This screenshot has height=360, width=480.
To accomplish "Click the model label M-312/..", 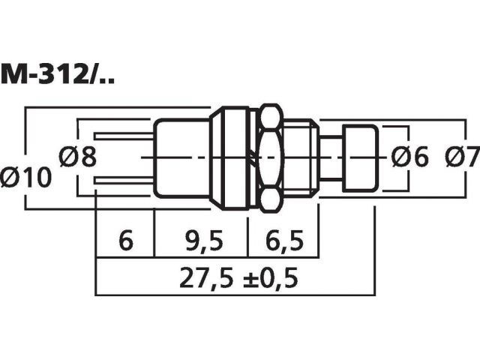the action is [x=58, y=73].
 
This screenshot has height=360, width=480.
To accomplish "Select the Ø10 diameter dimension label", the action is [x=25, y=178].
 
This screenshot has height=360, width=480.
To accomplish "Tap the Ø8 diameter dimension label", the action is [x=78, y=157].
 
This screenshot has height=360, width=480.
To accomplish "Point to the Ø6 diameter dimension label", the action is [x=410, y=157].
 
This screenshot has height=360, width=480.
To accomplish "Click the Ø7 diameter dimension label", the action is [x=463, y=157].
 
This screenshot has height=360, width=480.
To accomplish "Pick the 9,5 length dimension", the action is [x=205, y=241].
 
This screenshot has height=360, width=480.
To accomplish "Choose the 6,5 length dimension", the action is [x=284, y=241].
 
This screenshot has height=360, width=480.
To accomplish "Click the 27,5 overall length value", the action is [x=204, y=278].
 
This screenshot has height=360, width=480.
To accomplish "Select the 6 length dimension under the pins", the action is [x=126, y=241].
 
